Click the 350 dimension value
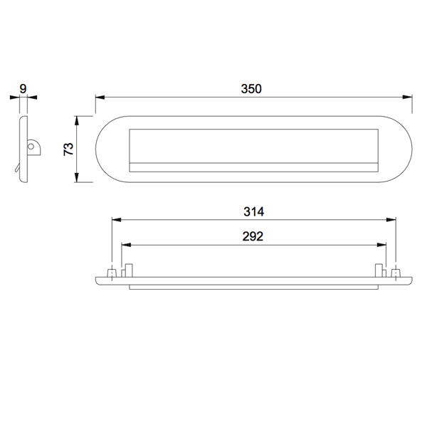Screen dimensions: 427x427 (x=251, y=89)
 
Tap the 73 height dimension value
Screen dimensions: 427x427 (x=68, y=149)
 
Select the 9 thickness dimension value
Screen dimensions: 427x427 (x=23, y=89)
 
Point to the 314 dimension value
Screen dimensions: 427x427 (x=254, y=211)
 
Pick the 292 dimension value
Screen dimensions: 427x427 (x=253, y=236)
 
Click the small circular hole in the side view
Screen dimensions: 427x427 (x=31, y=147)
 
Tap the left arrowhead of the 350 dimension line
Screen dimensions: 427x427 (x=100, y=97)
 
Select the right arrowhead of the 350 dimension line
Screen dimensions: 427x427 (x=407, y=97)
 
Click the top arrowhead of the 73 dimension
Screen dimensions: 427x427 (x=77, y=121)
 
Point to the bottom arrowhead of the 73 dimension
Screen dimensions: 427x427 (x=77, y=177)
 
